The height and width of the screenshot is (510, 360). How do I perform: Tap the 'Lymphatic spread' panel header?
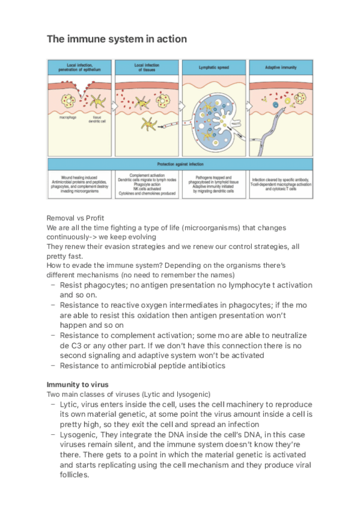point(215,67)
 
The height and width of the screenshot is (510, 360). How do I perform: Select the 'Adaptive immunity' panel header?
point(281,67)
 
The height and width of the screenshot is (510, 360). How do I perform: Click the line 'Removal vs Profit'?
point(72,219)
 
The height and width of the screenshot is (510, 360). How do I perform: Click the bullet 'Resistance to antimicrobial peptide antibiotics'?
point(142,365)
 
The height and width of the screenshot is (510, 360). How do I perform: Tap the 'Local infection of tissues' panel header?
point(147,67)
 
